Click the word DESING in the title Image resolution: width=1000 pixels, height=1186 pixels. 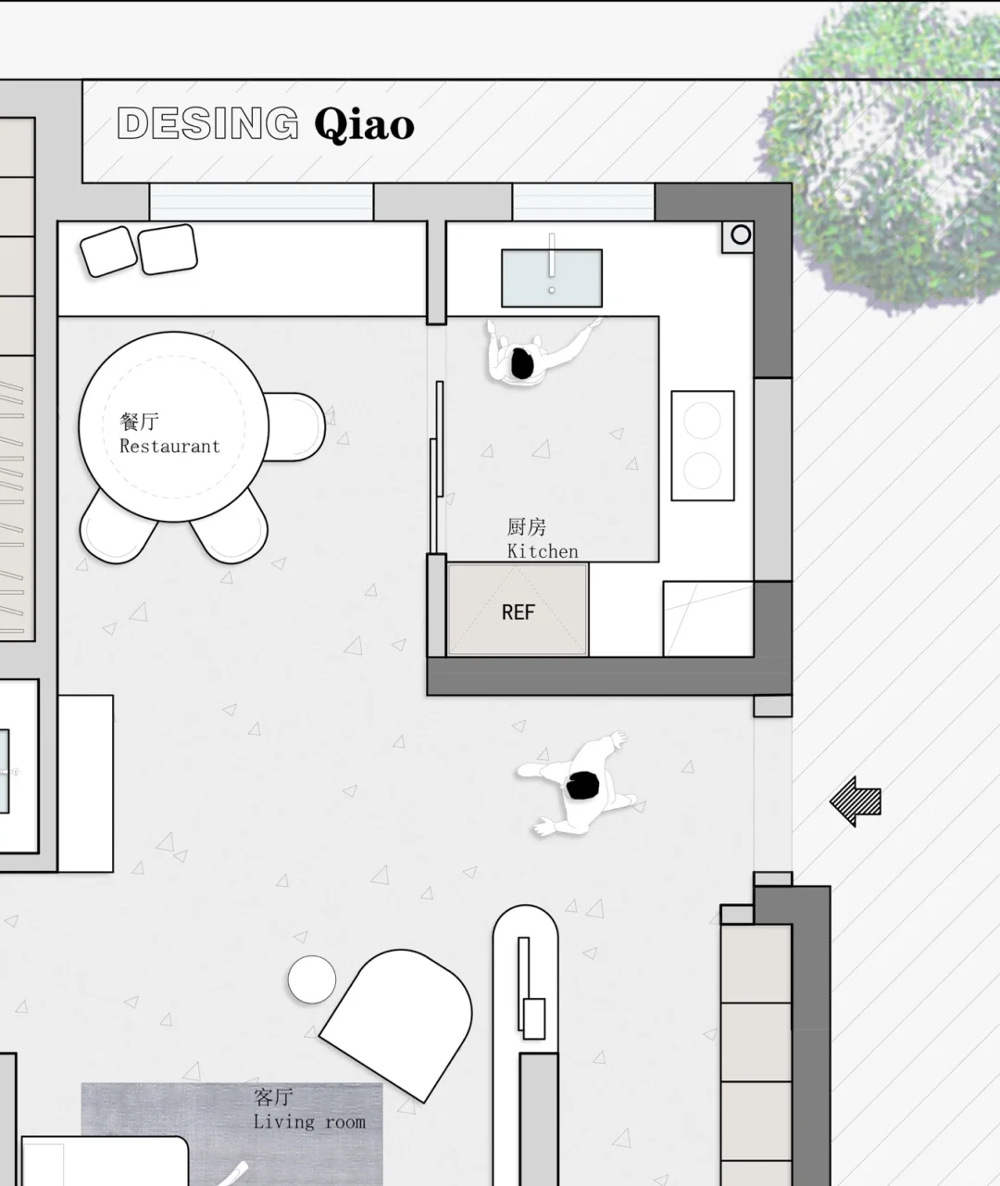tap(207, 122)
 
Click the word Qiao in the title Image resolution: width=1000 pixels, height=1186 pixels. tap(365, 124)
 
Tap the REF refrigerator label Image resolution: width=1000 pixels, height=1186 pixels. tap(519, 612)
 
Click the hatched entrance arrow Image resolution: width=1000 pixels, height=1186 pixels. tap(856, 801)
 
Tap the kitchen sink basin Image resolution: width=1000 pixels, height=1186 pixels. tap(552, 278)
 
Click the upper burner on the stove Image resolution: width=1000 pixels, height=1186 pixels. tap(702, 421)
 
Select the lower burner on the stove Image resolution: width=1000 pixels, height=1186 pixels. tap(702, 471)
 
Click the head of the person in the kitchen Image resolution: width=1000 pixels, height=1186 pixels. tap(522, 363)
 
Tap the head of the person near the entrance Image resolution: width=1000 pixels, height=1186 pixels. tap(582, 786)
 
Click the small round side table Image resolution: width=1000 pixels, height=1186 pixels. tap(312, 979)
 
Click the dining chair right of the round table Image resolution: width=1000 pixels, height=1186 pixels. tap(296, 426)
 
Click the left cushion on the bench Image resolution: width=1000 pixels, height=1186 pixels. tap(108, 252)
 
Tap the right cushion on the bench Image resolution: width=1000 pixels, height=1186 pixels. tap(168, 249)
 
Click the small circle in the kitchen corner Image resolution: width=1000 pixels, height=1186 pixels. tap(741, 234)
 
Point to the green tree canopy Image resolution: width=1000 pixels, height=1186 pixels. tap(885, 154)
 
